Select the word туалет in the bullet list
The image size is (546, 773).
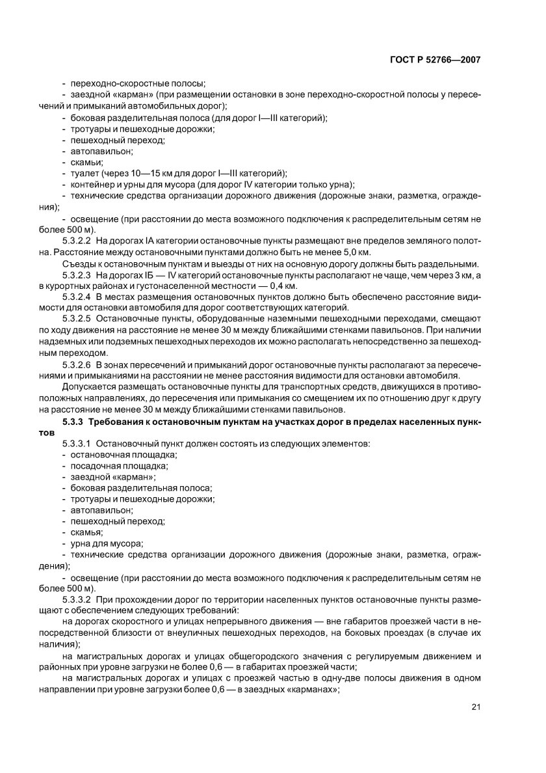(x=84, y=173)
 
